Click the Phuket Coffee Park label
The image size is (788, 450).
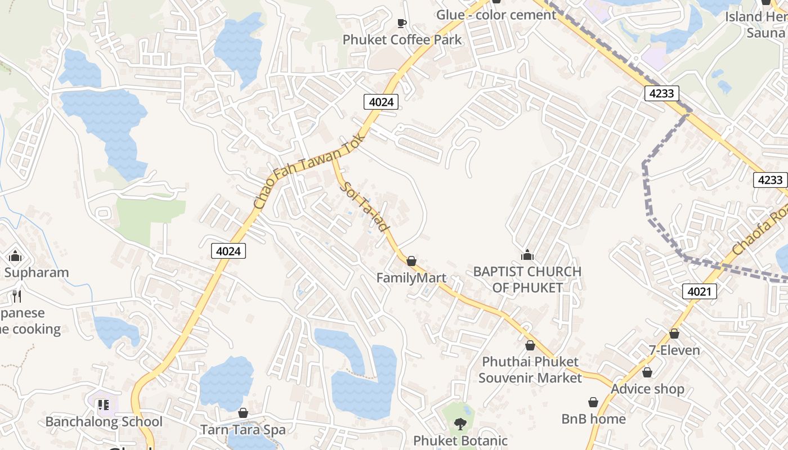(402, 40)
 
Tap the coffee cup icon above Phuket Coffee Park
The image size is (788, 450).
(401, 23)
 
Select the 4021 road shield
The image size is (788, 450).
(700, 291)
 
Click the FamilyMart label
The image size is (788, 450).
(411, 278)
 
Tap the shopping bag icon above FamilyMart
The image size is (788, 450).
(411, 261)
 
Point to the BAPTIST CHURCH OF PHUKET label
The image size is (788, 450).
(527, 280)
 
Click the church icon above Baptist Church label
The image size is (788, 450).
(527, 255)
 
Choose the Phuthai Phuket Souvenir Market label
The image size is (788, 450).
(530, 370)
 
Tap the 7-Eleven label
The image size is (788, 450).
(674, 350)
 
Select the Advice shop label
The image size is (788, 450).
(647, 389)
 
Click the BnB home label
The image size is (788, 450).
(593, 419)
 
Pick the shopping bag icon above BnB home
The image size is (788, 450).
(593, 402)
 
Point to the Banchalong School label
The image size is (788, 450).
(104, 422)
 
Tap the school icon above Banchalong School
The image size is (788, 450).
(103, 404)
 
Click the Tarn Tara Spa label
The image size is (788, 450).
(243, 430)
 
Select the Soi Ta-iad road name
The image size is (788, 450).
(365, 206)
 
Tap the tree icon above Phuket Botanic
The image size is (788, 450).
(460, 424)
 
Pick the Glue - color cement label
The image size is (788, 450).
(496, 15)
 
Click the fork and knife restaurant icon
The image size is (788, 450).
(16, 296)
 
